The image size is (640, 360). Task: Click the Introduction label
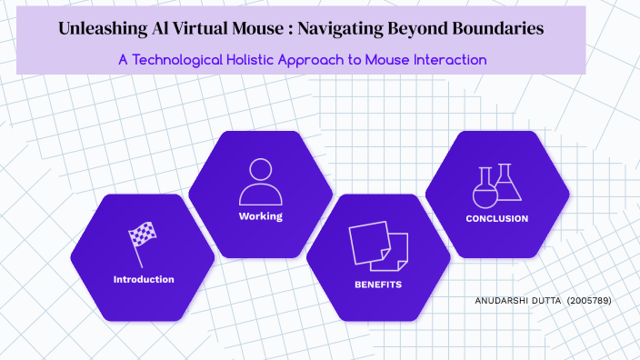pos(143,279)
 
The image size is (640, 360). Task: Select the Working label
pos(261,216)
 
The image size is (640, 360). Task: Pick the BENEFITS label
pos(378,285)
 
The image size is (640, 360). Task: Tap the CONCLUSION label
pos(496,218)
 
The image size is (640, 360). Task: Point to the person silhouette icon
pos(261,182)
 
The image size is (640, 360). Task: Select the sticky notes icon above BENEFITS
pos(378,245)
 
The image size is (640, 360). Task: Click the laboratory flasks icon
pos(497,185)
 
